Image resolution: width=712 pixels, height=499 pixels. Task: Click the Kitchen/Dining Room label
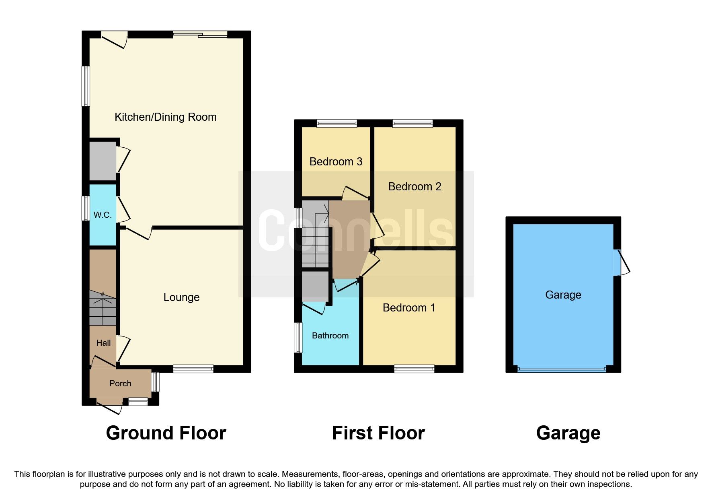click(x=165, y=117)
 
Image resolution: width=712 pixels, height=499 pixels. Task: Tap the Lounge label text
click(x=181, y=297)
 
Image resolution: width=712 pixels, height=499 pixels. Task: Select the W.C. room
click(x=103, y=215)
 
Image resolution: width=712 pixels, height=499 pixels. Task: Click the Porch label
click(x=120, y=384)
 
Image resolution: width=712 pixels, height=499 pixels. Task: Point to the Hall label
click(x=103, y=343)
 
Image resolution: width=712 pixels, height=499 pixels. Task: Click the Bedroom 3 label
click(x=336, y=162)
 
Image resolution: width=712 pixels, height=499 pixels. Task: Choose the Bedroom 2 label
click(x=414, y=187)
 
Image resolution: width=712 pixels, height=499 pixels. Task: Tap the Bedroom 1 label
click(x=409, y=308)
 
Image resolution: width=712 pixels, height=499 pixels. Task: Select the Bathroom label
click(x=330, y=336)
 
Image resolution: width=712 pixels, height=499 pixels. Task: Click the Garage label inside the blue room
click(x=563, y=295)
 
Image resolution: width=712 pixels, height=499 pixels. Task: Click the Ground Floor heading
click(x=166, y=433)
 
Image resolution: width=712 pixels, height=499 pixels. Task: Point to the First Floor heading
click(x=378, y=433)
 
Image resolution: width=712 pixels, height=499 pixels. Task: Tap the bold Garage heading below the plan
click(x=568, y=433)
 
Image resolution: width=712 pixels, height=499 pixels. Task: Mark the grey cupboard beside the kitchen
click(x=103, y=161)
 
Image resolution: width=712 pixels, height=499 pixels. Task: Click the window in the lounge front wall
click(x=193, y=369)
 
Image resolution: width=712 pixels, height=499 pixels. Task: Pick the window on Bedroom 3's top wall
click(x=337, y=124)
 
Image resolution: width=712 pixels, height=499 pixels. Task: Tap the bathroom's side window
click(x=298, y=337)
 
